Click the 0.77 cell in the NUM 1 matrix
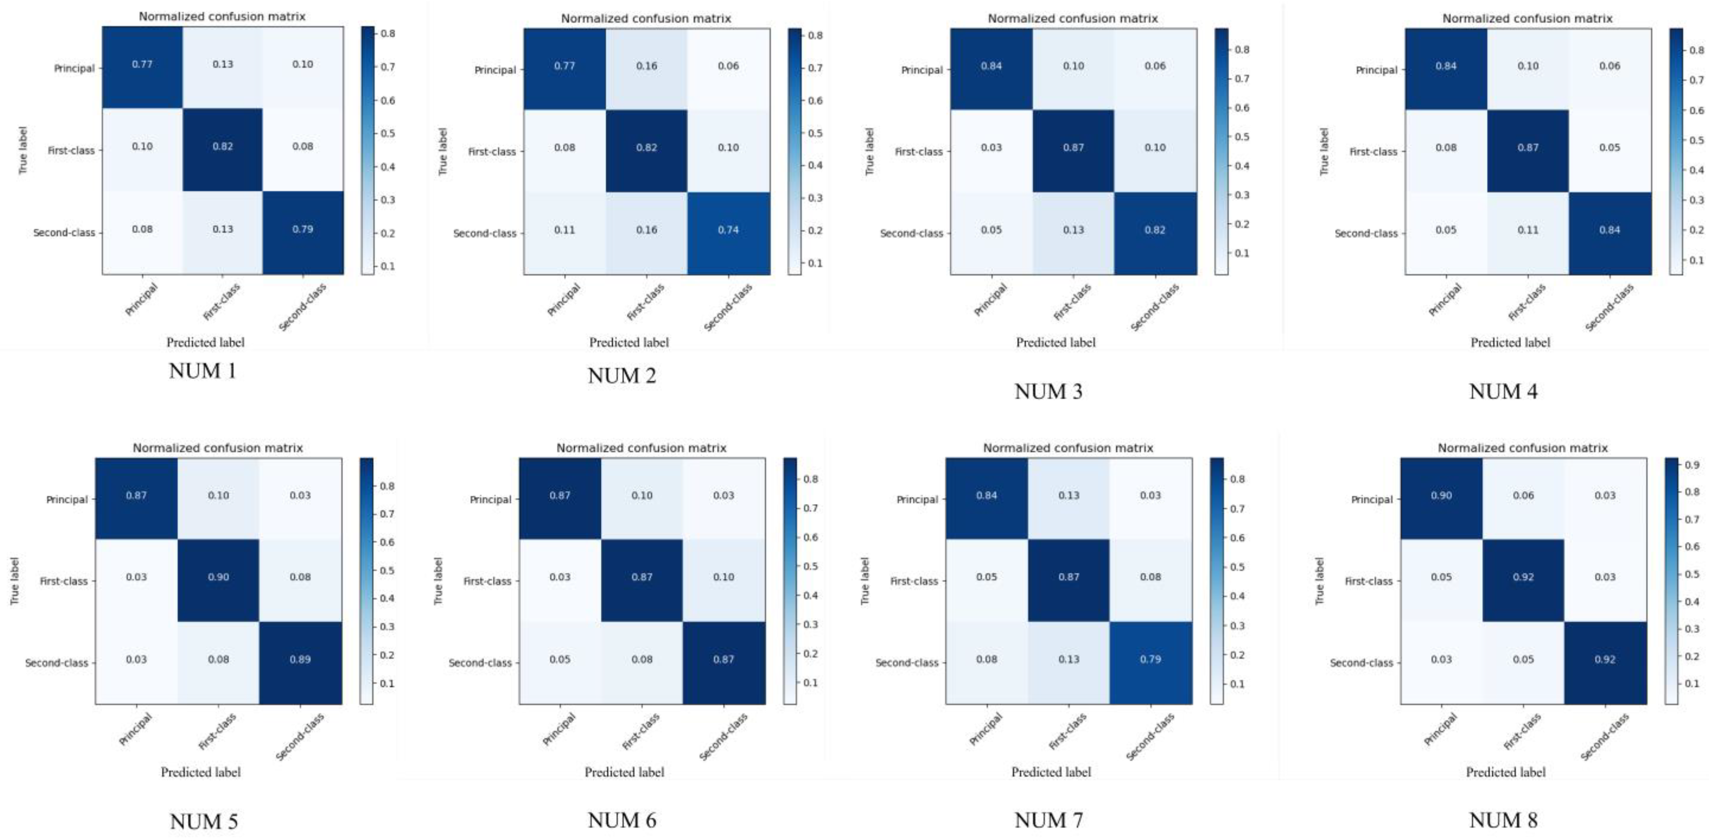click(142, 64)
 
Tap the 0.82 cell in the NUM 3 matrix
click(1154, 230)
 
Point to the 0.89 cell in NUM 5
click(300, 659)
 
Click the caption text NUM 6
click(622, 821)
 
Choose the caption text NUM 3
click(1048, 391)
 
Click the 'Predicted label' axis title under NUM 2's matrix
click(628, 342)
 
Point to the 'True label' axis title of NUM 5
click(15, 581)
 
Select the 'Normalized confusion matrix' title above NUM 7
click(1068, 448)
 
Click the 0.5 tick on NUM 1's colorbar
click(387, 133)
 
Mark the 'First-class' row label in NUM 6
click(488, 581)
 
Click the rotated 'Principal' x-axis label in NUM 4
click(1445, 300)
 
